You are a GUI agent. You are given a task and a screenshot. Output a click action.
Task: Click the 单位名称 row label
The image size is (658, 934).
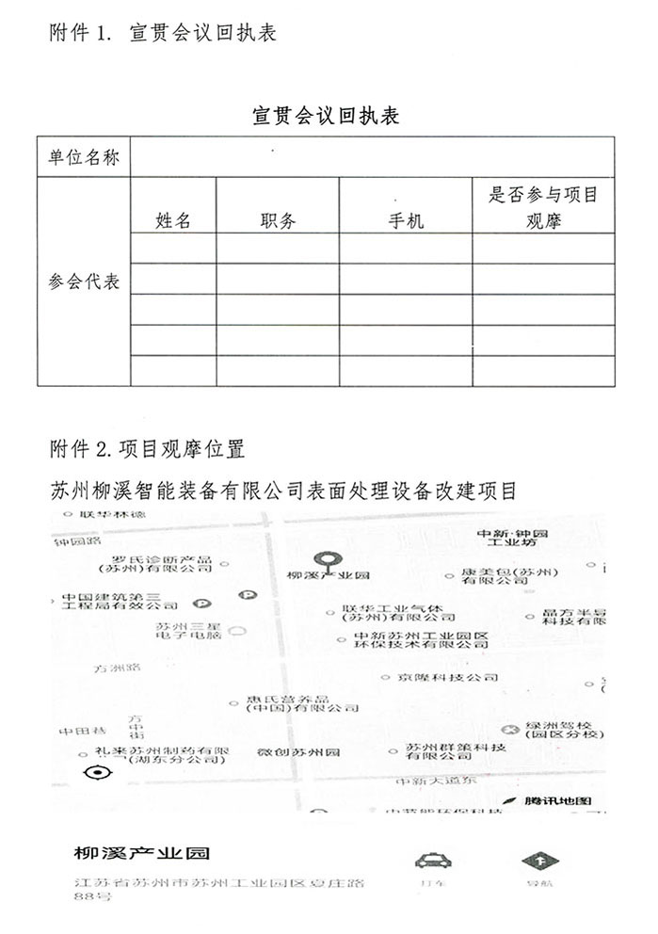coord(84,157)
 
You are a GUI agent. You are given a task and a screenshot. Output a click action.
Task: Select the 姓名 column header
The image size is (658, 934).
coord(173,221)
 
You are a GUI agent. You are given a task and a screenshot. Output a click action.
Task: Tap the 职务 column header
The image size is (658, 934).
coord(278,221)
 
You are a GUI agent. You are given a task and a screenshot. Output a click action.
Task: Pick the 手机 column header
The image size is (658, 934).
coord(406,221)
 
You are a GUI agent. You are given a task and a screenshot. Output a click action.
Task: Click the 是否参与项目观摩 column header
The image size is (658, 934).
coord(543,208)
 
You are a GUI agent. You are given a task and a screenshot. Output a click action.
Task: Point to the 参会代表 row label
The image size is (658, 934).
coord(84,282)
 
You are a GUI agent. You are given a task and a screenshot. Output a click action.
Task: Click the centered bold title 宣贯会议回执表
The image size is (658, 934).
coord(327,116)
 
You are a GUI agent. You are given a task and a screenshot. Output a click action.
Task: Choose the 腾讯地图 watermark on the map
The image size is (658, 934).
coord(558,800)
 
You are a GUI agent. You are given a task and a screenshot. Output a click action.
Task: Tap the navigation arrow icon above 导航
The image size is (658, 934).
coord(540,861)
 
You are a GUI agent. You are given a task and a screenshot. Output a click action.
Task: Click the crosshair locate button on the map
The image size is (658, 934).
coord(97,774)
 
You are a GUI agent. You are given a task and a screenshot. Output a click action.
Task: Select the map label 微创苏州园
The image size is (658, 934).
coord(298,752)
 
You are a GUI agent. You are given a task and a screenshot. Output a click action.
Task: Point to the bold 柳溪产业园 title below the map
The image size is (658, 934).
coord(142,855)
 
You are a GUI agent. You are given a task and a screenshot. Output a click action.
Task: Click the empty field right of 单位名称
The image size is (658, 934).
coord(372,157)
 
